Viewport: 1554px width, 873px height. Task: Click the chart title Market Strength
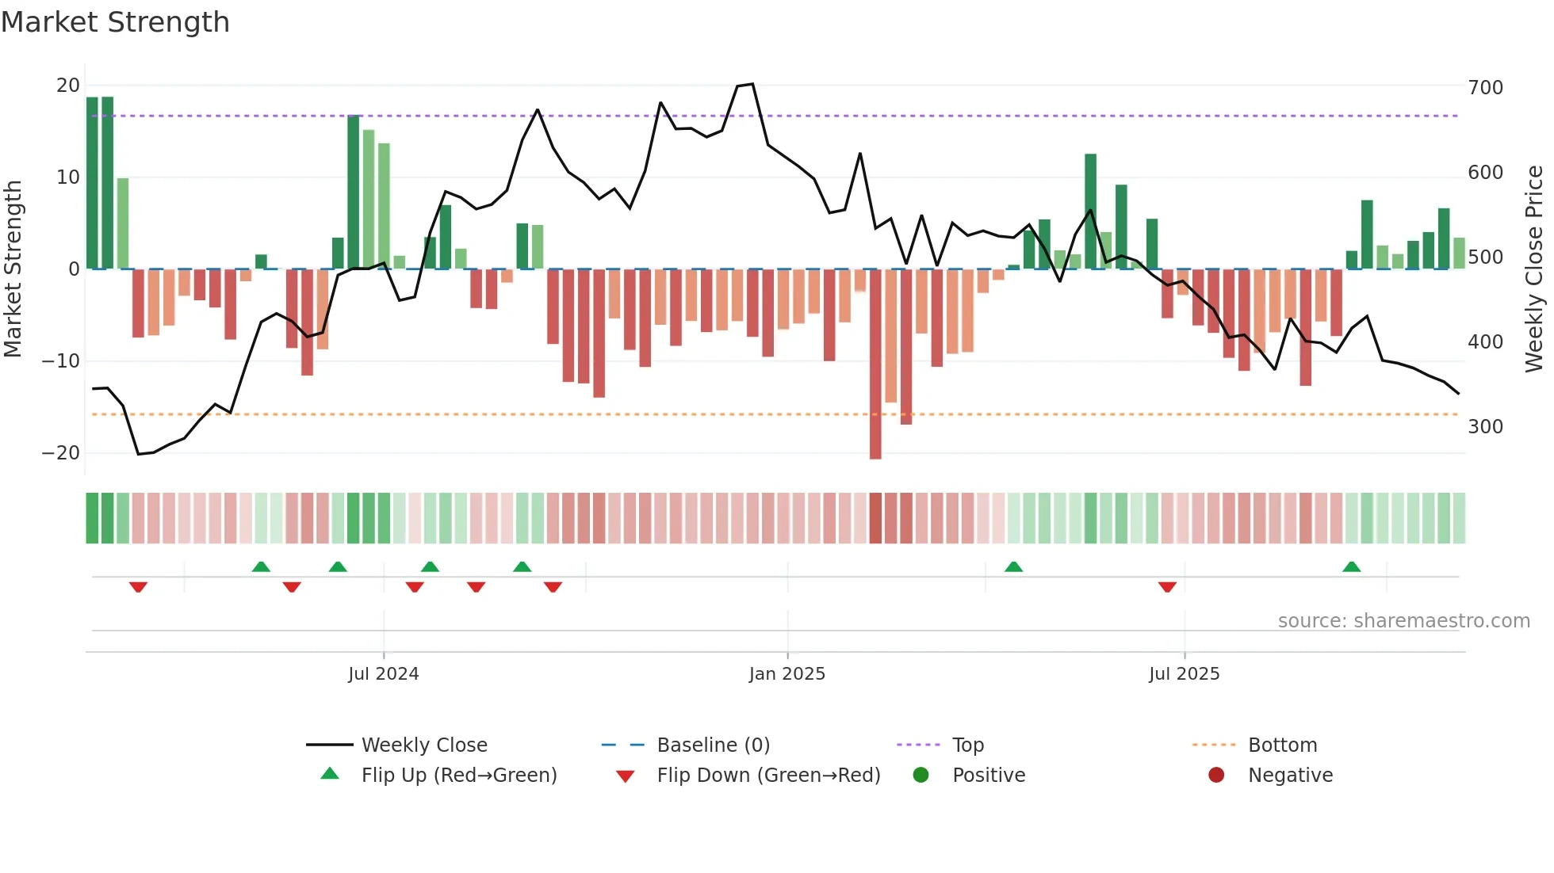click(115, 22)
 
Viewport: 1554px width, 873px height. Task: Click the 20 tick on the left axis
click(68, 86)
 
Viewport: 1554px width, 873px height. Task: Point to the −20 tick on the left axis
click(61, 453)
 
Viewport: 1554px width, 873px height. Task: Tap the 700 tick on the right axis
click(1485, 87)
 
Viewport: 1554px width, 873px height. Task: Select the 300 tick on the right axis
click(1485, 427)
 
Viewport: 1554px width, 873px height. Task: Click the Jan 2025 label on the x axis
click(787, 674)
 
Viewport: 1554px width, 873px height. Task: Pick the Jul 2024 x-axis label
click(383, 674)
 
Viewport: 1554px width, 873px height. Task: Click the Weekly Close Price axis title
click(1534, 269)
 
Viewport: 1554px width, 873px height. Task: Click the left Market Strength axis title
click(13, 269)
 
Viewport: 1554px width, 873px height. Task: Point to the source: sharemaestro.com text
click(1403, 621)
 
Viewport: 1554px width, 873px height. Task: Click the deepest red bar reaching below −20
click(875, 364)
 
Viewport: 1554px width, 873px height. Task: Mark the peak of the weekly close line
click(752, 84)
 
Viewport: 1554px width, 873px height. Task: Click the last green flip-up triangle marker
click(1352, 567)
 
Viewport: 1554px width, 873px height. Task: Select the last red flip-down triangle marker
click(1167, 587)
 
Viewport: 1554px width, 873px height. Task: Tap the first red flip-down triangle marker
click(138, 587)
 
